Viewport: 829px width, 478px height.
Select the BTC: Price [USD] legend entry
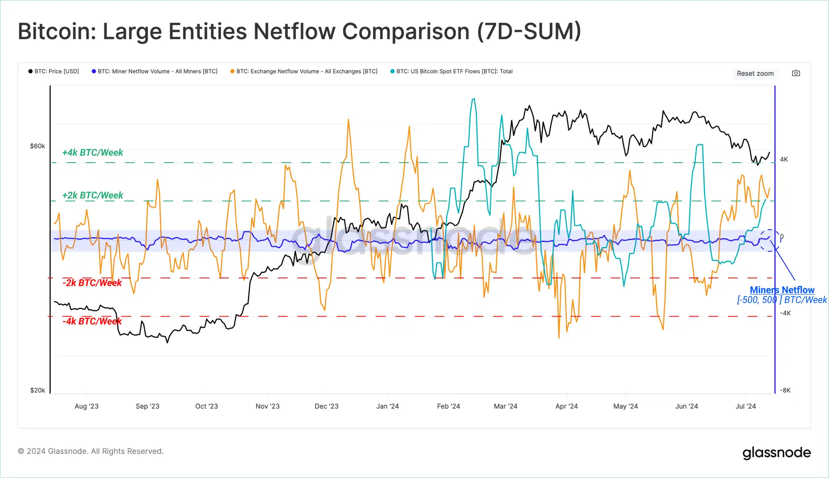pyautogui.click(x=54, y=71)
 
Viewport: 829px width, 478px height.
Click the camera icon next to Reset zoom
pyautogui.click(x=796, y=73)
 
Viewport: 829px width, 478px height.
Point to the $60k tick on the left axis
pyautogui.click(x=37, y=146)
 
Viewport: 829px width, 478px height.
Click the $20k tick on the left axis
pyautogui.click(x=37, y=390)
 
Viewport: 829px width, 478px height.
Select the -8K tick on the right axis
pyautogui.click(x=785, y=390)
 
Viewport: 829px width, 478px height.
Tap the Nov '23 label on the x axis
pyautogui.click(x=267, y=406)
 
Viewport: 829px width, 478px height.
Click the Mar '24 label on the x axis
pyautogui.click(x=505, y=406)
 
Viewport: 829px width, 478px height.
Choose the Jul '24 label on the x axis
pyautogui.click(x=745, y=406)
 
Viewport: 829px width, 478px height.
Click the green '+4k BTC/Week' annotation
pyautogui.click(x=92, y=153)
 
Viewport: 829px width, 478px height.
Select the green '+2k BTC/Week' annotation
pyautogui.click(x=92, y=195)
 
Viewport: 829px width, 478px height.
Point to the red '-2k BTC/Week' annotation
pyautogui.click(x=92, y=283)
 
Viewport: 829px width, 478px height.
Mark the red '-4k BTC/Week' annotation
pyautogui.click(x=92, y=321)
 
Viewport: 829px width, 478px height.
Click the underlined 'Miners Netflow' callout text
pyautogui.click(x=782, y=290)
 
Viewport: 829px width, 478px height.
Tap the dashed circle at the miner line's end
pyautogui.click(x=769, y=240)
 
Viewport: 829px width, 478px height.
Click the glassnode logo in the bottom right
pyautogui.click(x=776, y=453)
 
